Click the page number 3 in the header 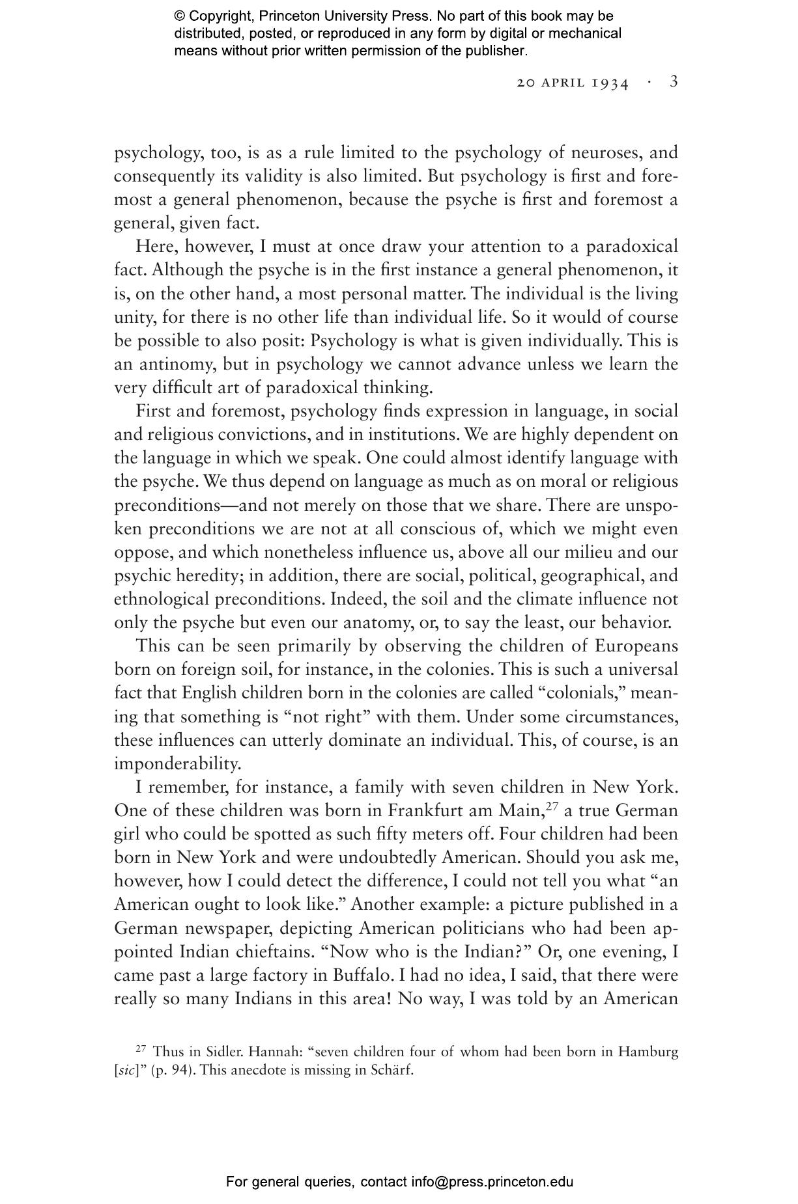[x=674, y=82]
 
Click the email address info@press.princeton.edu [x=492, y=1182]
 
